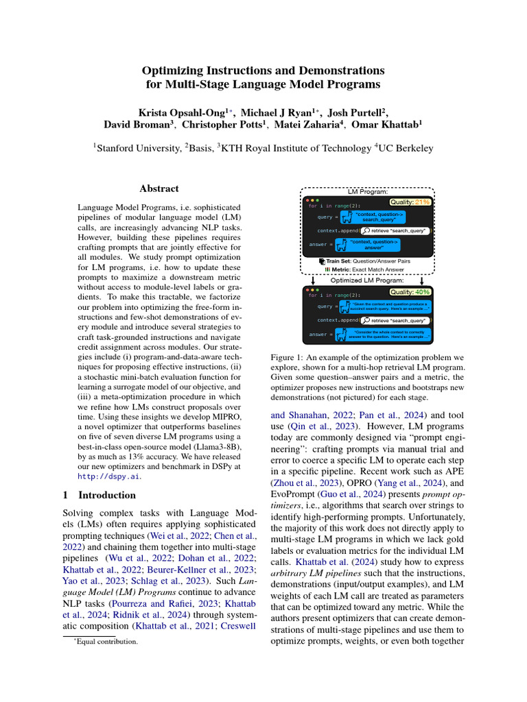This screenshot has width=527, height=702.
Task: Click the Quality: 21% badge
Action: (410, 202)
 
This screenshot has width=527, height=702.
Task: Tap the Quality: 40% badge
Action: (410, 292)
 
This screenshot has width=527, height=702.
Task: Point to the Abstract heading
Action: (159, 189)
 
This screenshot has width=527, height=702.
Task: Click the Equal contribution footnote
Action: (109, 642)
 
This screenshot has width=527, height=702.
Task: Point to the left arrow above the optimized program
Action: (313, 280)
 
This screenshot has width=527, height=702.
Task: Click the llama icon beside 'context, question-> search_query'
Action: (347, 217)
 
